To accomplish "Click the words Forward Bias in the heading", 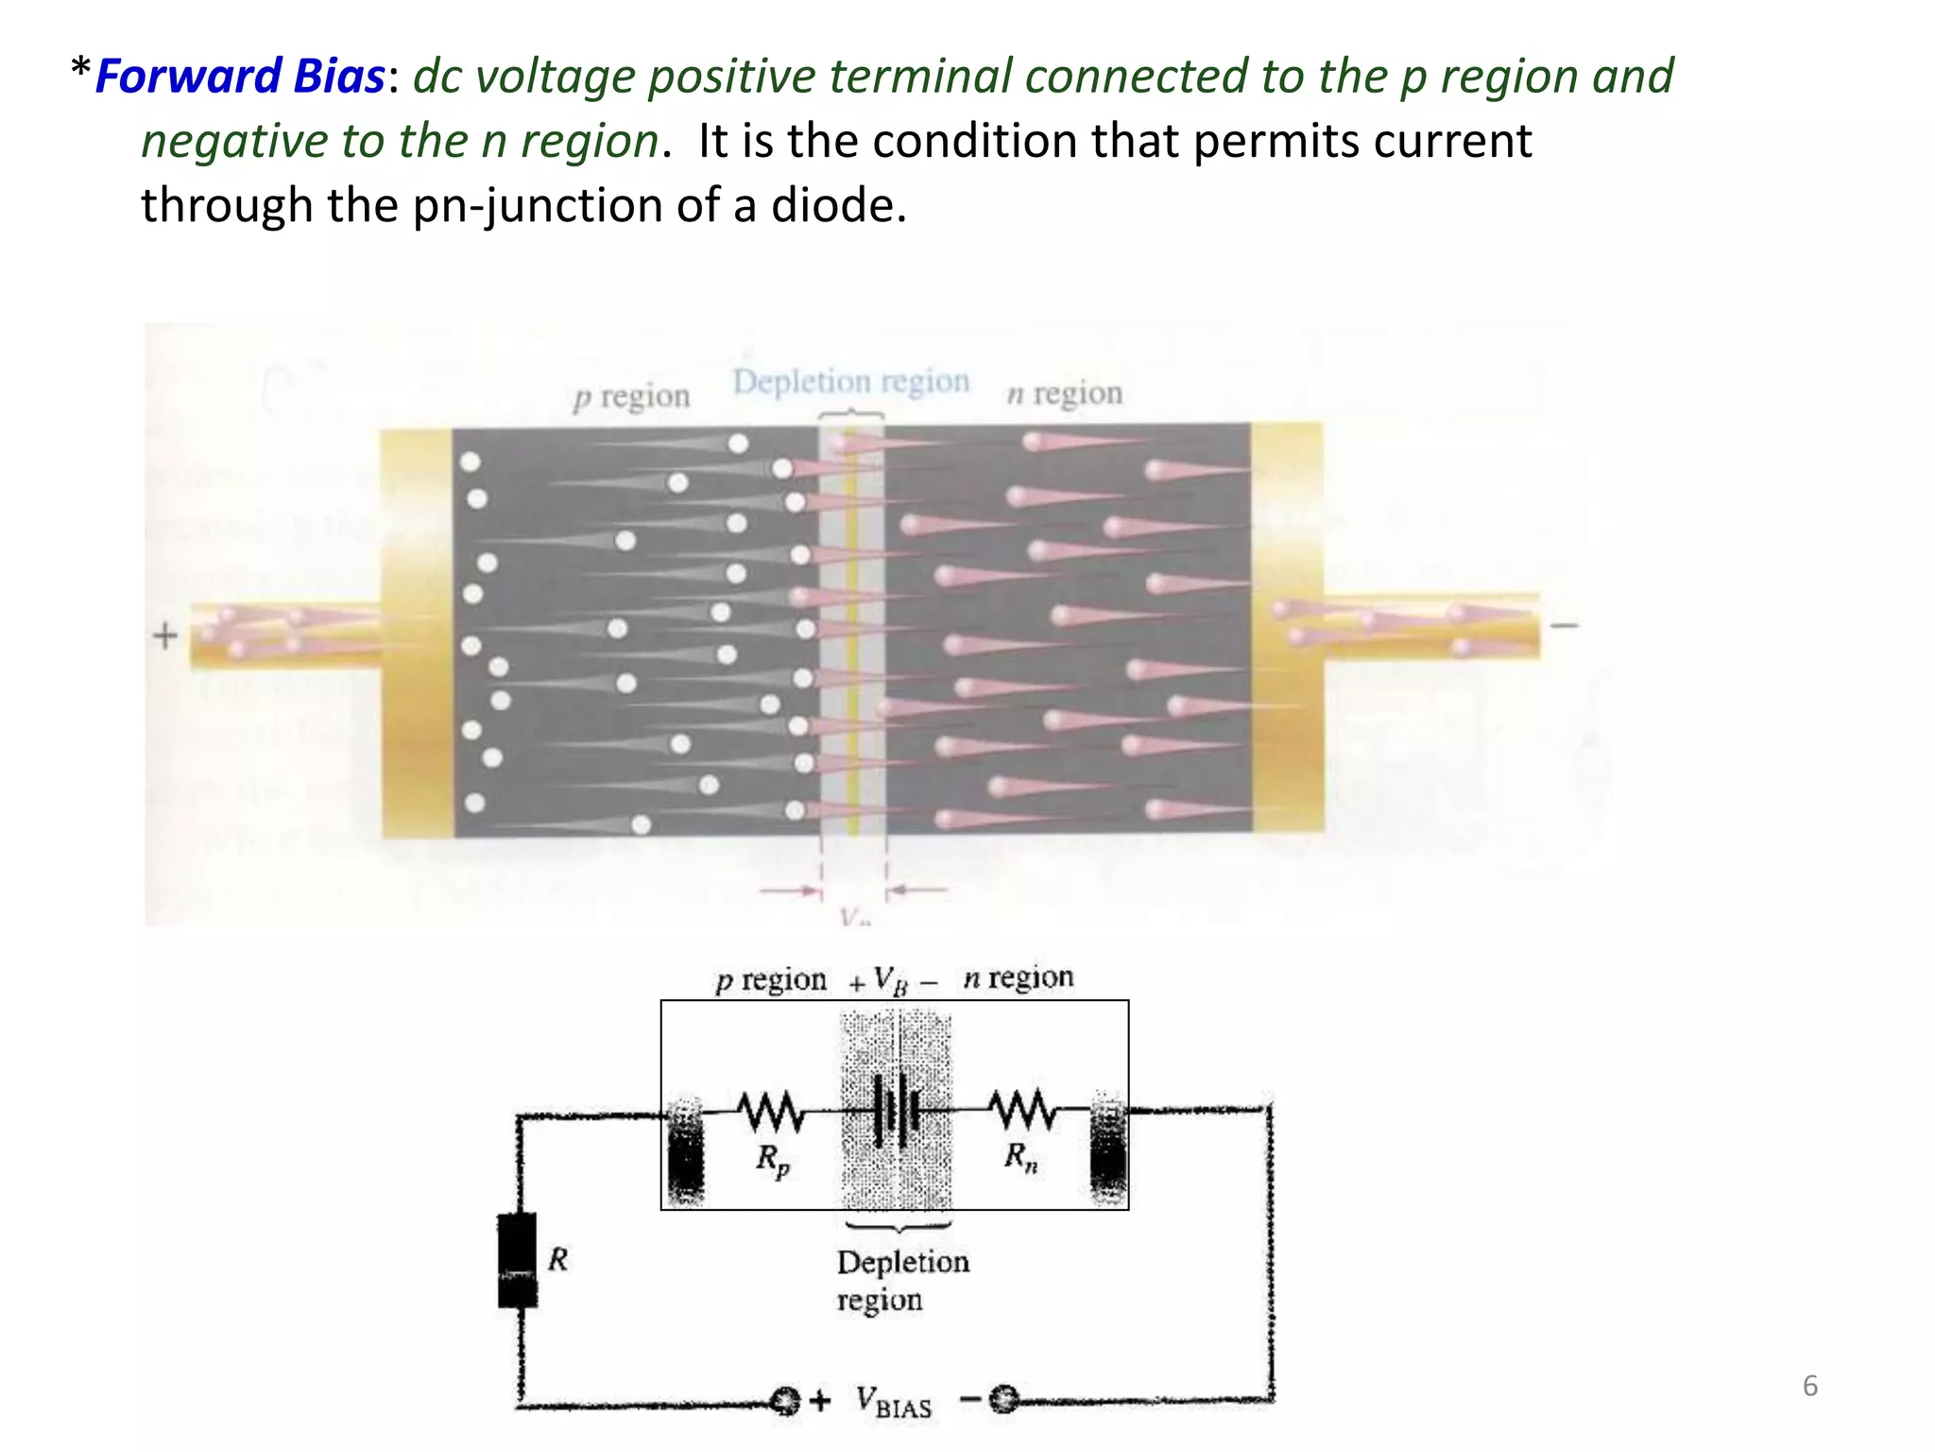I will (240, 77).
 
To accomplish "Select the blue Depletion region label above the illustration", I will (850, 381).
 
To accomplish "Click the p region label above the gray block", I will (631, 396).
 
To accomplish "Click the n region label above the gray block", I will (1065, 392).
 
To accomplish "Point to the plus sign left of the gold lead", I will (165, 635).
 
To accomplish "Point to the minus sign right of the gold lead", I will (1565, 625).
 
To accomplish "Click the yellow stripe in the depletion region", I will (851, 633).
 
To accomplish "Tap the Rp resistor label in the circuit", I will (772, 1160).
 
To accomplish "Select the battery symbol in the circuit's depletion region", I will (896, 1109).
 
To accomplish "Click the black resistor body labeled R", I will (517, 1259).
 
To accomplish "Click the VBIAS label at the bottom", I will (893, 1402).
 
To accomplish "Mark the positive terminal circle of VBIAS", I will (784, 1400).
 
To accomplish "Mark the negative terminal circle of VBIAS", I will (1003, 1398).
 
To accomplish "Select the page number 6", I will (1809, 1386).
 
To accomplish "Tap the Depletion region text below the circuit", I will (902, 1280).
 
